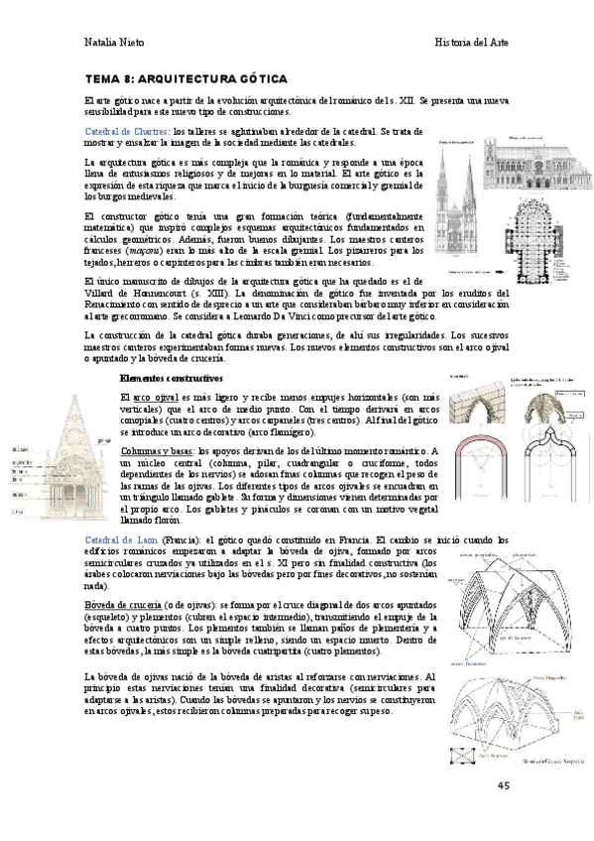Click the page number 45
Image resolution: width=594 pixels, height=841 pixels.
click(504, 785)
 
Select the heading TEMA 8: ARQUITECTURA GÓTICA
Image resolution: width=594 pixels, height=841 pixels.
click(186, 77)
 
